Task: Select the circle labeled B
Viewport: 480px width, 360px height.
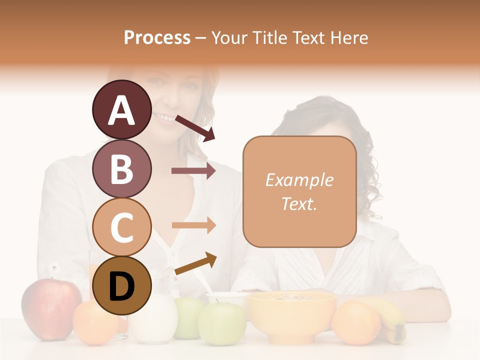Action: coord(121,168)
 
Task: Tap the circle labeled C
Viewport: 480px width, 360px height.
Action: coord(121,227)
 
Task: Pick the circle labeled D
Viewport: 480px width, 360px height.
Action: coord(121,285)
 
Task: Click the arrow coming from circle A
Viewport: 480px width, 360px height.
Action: coord(195,127)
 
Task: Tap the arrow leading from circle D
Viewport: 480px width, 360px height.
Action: coord(195,263)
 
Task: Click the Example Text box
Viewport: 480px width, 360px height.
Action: coord(299,191)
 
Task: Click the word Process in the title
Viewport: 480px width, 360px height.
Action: coord(157,37)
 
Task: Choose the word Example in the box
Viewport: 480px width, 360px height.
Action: coord(299,180)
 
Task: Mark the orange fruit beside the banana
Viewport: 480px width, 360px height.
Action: coord(356,322)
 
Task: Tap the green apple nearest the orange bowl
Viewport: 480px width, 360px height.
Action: coord(221,322)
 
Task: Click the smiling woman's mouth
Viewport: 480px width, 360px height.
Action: coord(165,118)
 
